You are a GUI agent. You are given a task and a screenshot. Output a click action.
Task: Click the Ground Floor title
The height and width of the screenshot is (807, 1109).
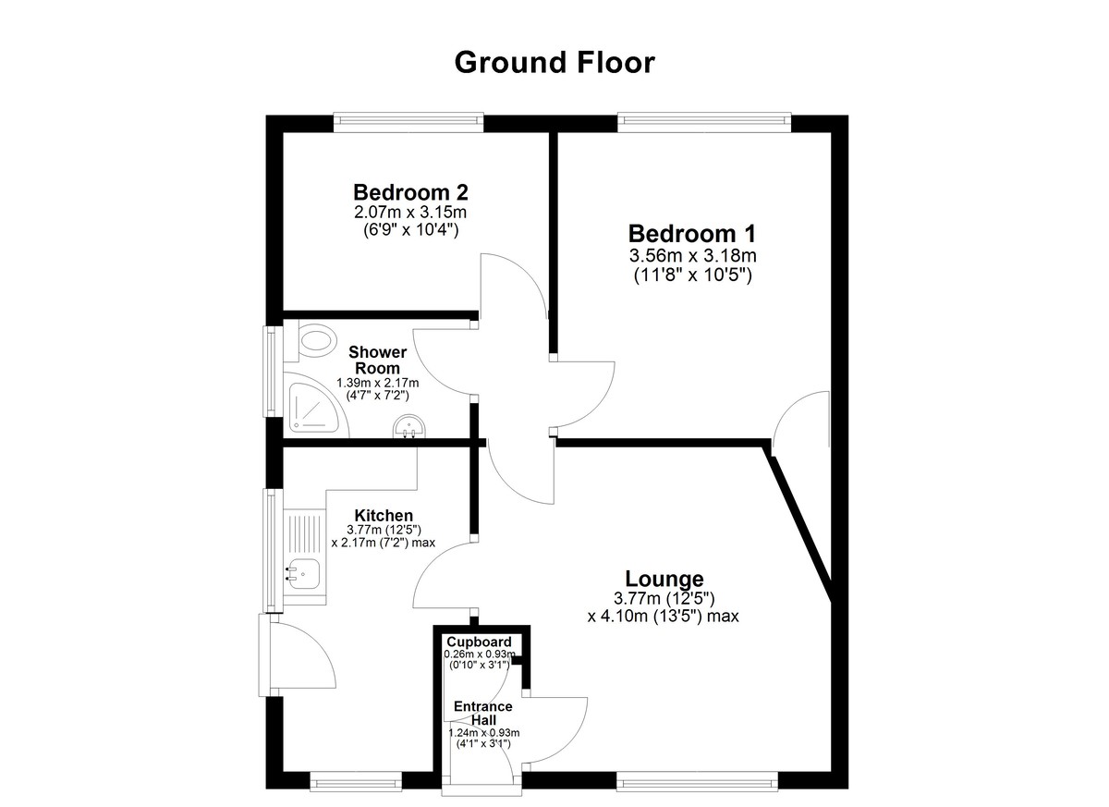coord(554,63)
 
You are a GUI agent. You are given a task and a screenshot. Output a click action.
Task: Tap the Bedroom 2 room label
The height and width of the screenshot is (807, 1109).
coord(411,191)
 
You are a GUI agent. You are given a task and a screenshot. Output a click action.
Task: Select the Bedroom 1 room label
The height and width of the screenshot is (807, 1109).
coord(692,234)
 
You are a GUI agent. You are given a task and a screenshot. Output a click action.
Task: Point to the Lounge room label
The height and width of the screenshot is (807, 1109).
coord(664,579)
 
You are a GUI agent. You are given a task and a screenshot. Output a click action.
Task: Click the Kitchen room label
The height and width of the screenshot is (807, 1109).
coord(384,516)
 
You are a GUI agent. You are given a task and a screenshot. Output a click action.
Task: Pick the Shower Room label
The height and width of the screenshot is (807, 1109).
coord(378,360)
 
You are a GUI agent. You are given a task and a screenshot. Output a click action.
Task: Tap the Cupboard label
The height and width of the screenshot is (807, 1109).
coord(479,642)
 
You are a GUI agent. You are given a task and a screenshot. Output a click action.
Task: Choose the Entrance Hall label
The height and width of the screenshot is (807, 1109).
coord(483,713)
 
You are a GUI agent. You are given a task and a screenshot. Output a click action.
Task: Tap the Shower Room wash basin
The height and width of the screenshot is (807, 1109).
coord(409,427)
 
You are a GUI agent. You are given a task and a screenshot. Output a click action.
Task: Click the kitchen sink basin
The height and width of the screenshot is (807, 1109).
coord(304,573)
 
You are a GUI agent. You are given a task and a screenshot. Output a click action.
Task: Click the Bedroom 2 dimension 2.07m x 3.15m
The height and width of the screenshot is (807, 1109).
coord(410,213)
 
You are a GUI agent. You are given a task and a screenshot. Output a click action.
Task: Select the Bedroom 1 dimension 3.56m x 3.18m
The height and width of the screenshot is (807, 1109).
coord(692,255)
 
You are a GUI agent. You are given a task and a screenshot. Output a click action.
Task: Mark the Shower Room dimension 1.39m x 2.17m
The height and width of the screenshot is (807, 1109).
coord(378,383)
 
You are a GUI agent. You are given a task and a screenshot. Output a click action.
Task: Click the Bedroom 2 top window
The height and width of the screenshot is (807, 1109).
coord(408,122)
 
